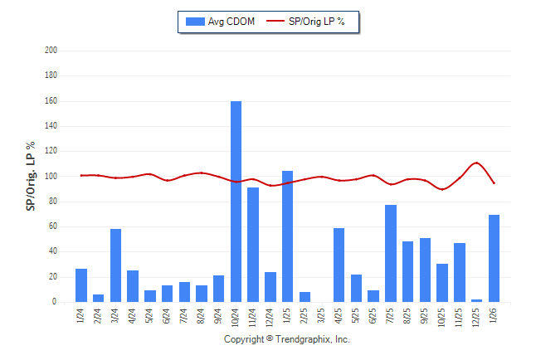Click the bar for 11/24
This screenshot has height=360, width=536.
tap(253, 245)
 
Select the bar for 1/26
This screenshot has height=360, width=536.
tap(495, 258)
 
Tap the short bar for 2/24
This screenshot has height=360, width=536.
tap(98, 299)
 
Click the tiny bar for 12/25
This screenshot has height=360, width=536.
tap(477, 300)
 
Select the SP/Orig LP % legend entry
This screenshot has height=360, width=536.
tap(314, 22)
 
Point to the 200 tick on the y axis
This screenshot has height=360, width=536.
tap(51, 51)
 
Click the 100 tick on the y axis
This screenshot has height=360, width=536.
tap(51, 177)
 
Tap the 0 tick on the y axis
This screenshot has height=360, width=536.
tap(54, 302)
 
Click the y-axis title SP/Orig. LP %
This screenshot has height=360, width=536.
tap(31, 176)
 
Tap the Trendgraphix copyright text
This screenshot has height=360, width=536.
tap(287, 339)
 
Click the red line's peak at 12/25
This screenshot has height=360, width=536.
tap(476, 163)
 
